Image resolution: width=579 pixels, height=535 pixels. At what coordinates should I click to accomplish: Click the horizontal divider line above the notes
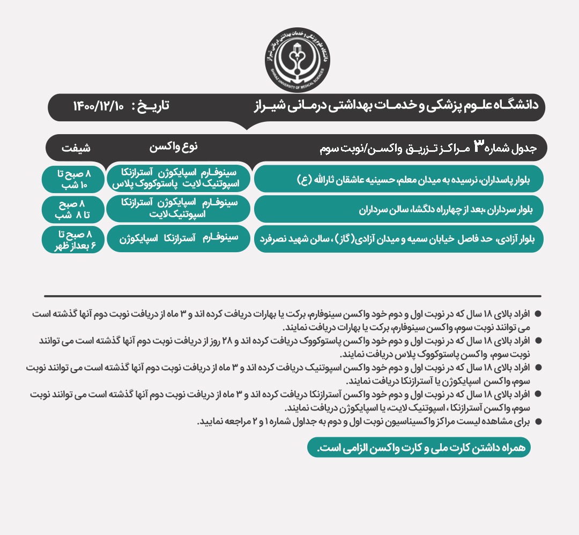coord(292,296)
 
